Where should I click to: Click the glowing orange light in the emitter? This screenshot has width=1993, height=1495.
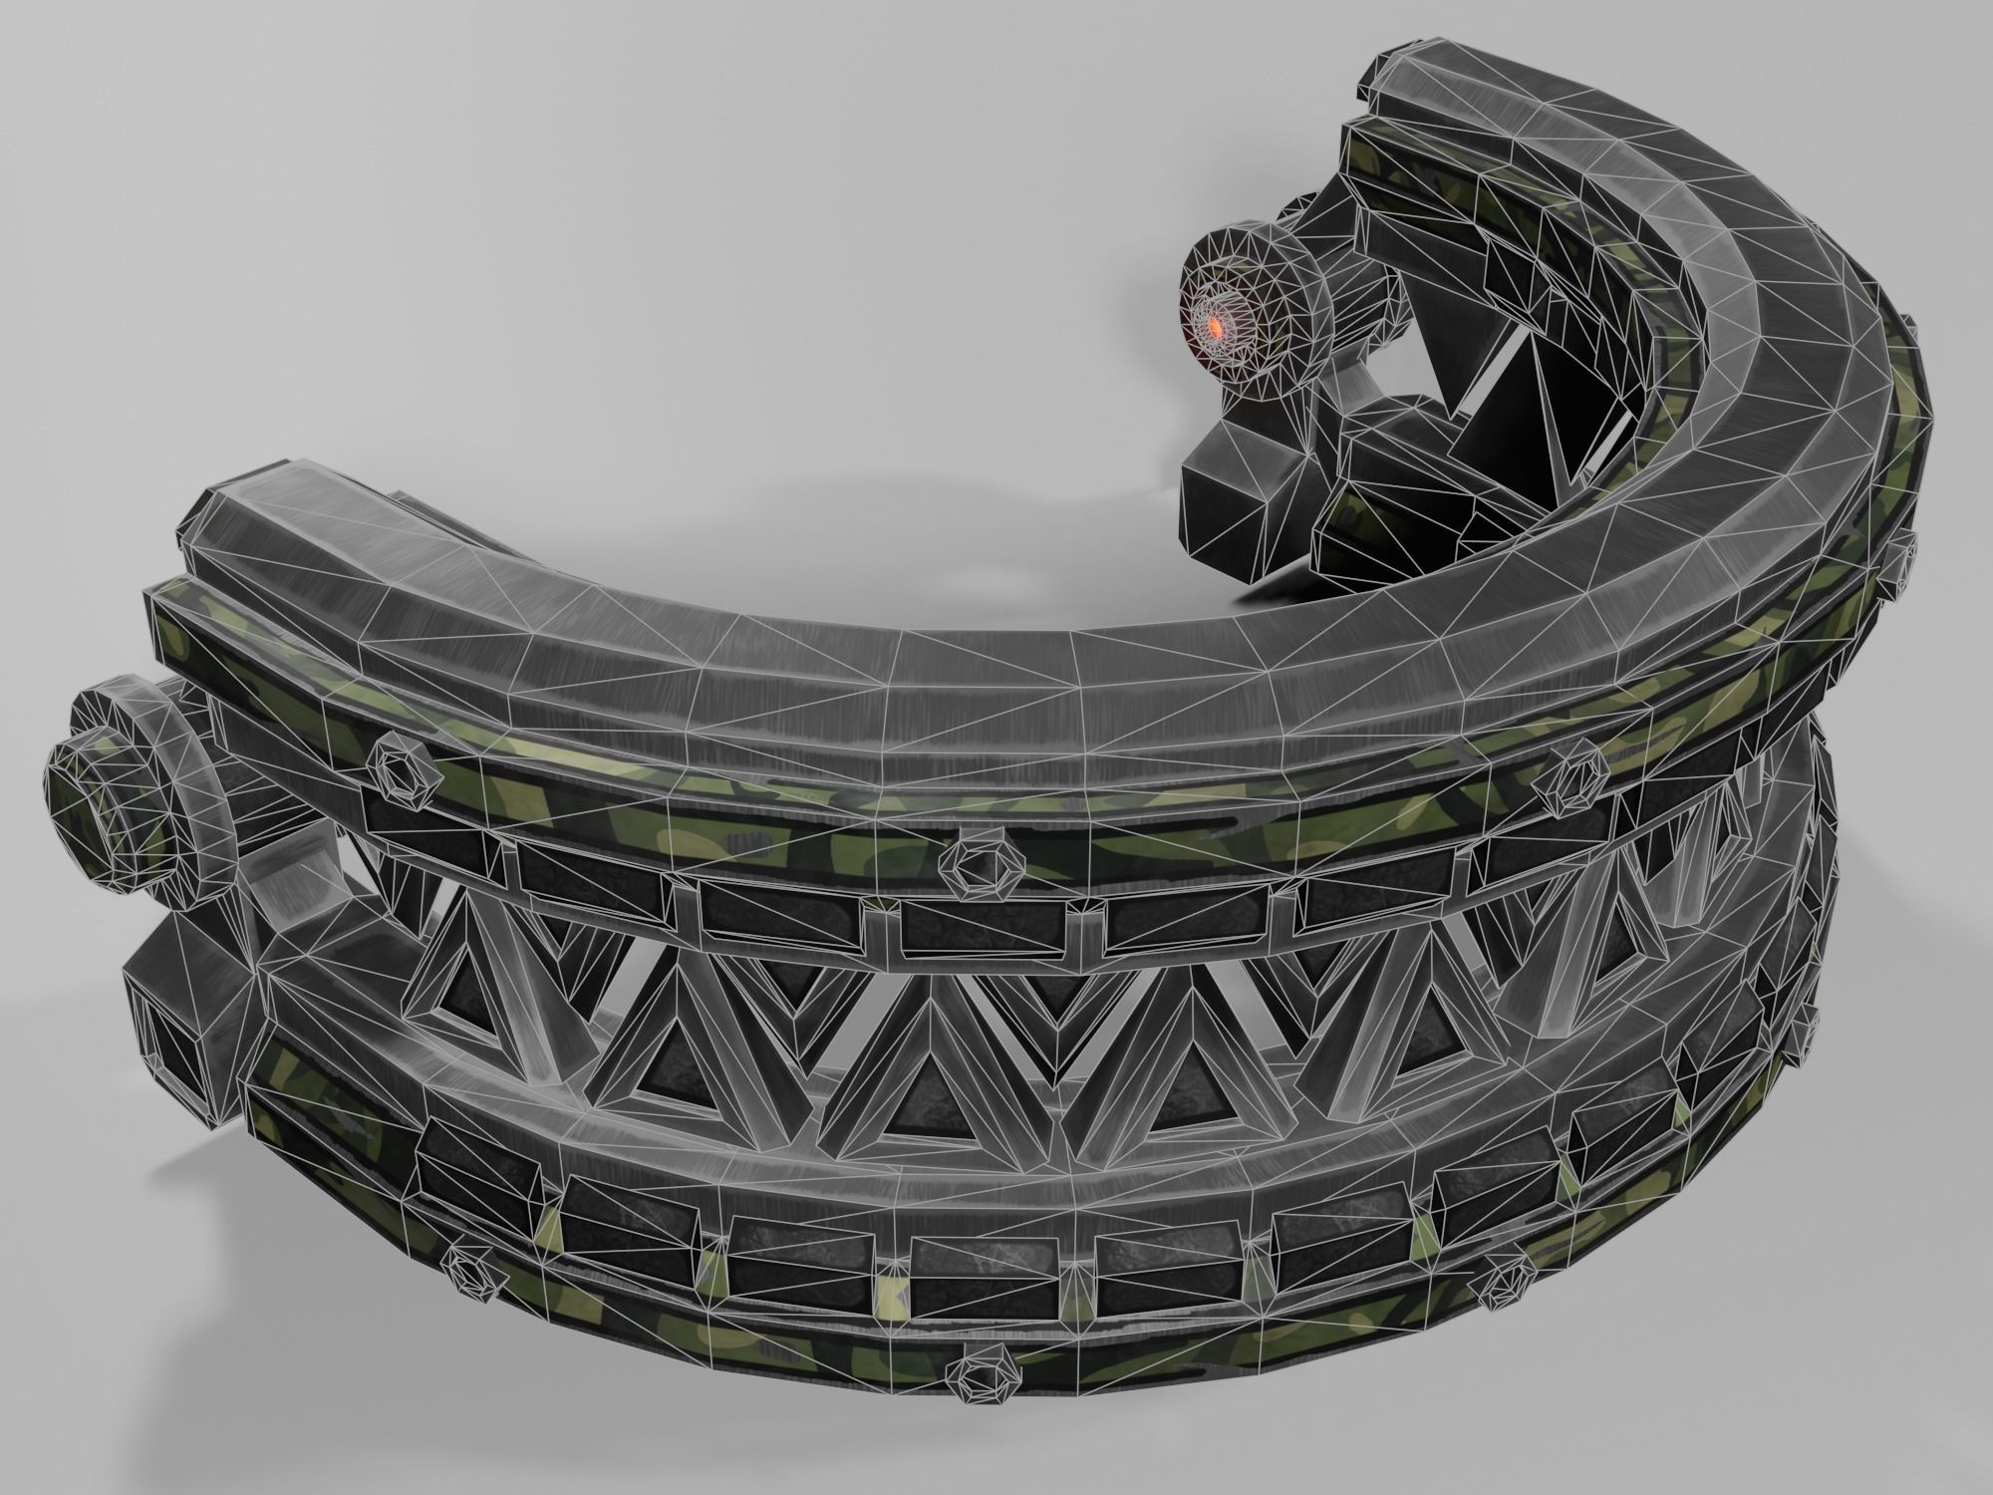[1215, 327]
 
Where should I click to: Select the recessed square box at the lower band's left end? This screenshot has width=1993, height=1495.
[179, 1037]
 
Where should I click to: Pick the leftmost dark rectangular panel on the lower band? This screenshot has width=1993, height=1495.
[463, 1161]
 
